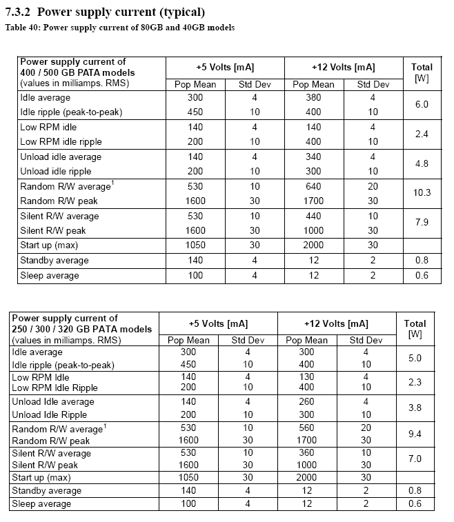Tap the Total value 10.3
(422, 193)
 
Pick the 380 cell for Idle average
(313, 98)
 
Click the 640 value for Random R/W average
(313, 186)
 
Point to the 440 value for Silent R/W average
(313, 216)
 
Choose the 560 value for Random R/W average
(306, 428)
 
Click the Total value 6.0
(422, 104)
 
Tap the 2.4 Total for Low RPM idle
(422, 134)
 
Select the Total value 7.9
(422, 223)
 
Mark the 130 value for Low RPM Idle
(306, 377)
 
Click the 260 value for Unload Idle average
(306, 401)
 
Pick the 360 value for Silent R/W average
(306, 453)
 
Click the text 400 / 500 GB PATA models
(77, 72)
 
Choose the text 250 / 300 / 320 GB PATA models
(82, 328)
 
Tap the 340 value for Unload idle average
(313, 157)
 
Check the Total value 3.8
(416, 408)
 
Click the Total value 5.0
(416, 359)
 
